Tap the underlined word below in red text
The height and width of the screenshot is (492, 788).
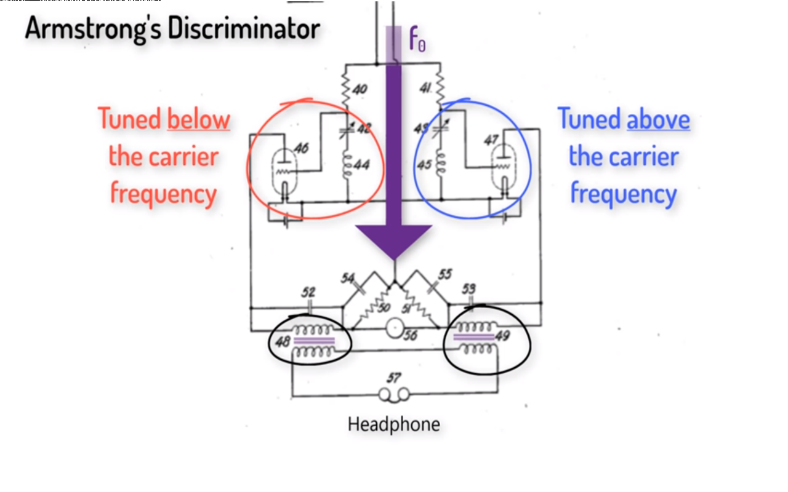pos(198,119)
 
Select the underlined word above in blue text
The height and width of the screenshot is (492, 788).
pos(658,119)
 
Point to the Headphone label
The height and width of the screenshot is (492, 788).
pos(394,424)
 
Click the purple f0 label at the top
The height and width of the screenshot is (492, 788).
pos(417,40)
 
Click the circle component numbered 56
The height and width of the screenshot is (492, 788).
pos(394,329)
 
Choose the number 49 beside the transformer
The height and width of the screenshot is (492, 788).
pos(502,336)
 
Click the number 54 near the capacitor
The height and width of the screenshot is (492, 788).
pos(347,278)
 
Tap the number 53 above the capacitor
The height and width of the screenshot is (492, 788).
pos(468,288)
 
